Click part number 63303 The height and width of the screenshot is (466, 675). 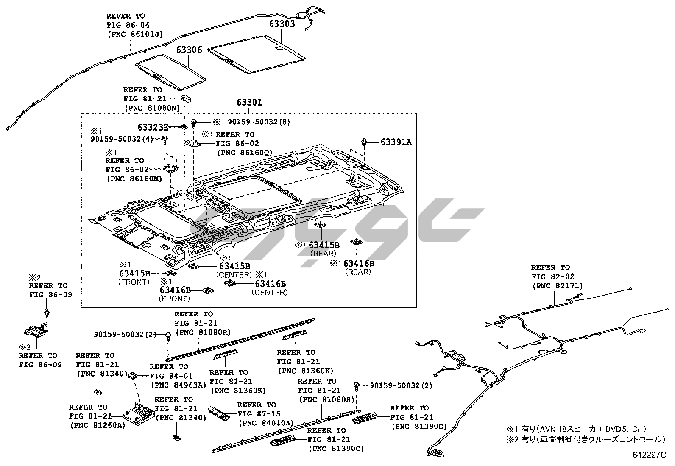(282, 24)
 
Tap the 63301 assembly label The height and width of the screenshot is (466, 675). (249, 102)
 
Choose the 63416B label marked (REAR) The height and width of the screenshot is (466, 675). (359, 263)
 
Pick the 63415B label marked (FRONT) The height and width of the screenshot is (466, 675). (134, 273)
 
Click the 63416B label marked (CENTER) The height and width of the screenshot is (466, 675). (270, 284)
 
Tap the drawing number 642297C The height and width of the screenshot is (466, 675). (650, 455)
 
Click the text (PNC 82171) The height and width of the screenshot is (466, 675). (558, 286)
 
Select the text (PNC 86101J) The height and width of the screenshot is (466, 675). (135, 34)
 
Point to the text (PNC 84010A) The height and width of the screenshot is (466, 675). (266, 423)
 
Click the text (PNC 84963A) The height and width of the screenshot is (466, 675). (178, 385)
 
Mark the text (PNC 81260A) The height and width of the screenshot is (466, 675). (97, 425)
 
